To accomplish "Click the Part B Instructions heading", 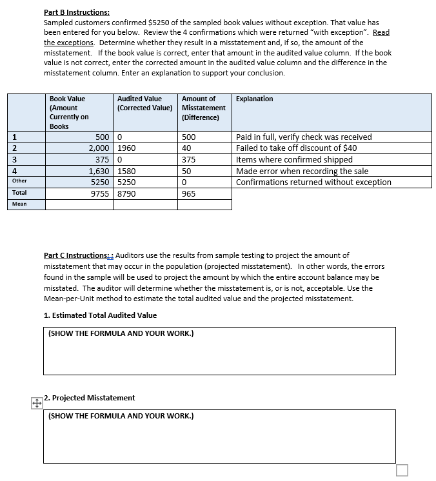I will click(76, 12).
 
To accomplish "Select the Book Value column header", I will click(68, 112).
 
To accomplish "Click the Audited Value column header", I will click(143, 103).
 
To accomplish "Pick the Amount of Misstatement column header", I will click(204, 108).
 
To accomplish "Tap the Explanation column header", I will click(254, 99).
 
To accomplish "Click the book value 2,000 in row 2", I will click(98, 148).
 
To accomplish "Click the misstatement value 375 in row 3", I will click(189, 160).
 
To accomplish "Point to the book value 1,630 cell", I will click(98, 172).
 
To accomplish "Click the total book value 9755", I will click(99, 193).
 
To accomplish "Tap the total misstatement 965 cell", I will click(189, 193).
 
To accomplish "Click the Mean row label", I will click(19, 204).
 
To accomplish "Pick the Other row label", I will click(19, 181).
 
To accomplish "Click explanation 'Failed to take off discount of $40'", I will click(296, 148).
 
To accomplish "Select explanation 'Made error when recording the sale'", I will click(301, 172).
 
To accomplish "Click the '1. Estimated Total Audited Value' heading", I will click(100, 315).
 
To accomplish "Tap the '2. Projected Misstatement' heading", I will click(91, 398).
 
